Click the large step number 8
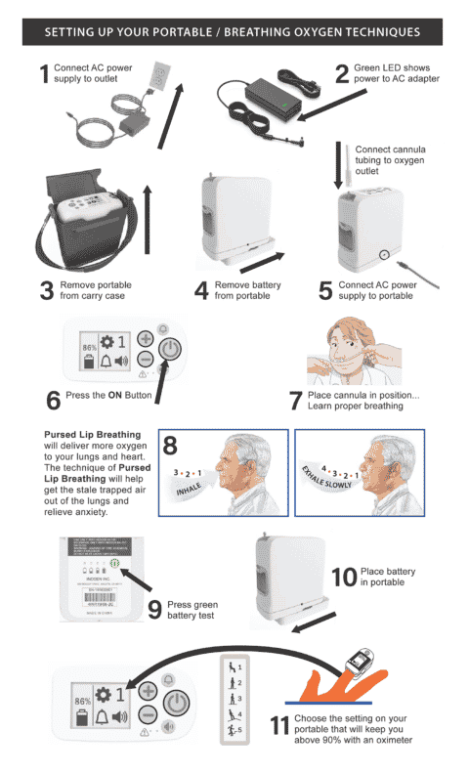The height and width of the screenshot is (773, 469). (x=170, y=449)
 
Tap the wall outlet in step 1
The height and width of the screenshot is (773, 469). (x=158, y=76)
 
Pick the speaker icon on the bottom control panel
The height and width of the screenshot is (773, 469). (x=121, y=718)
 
